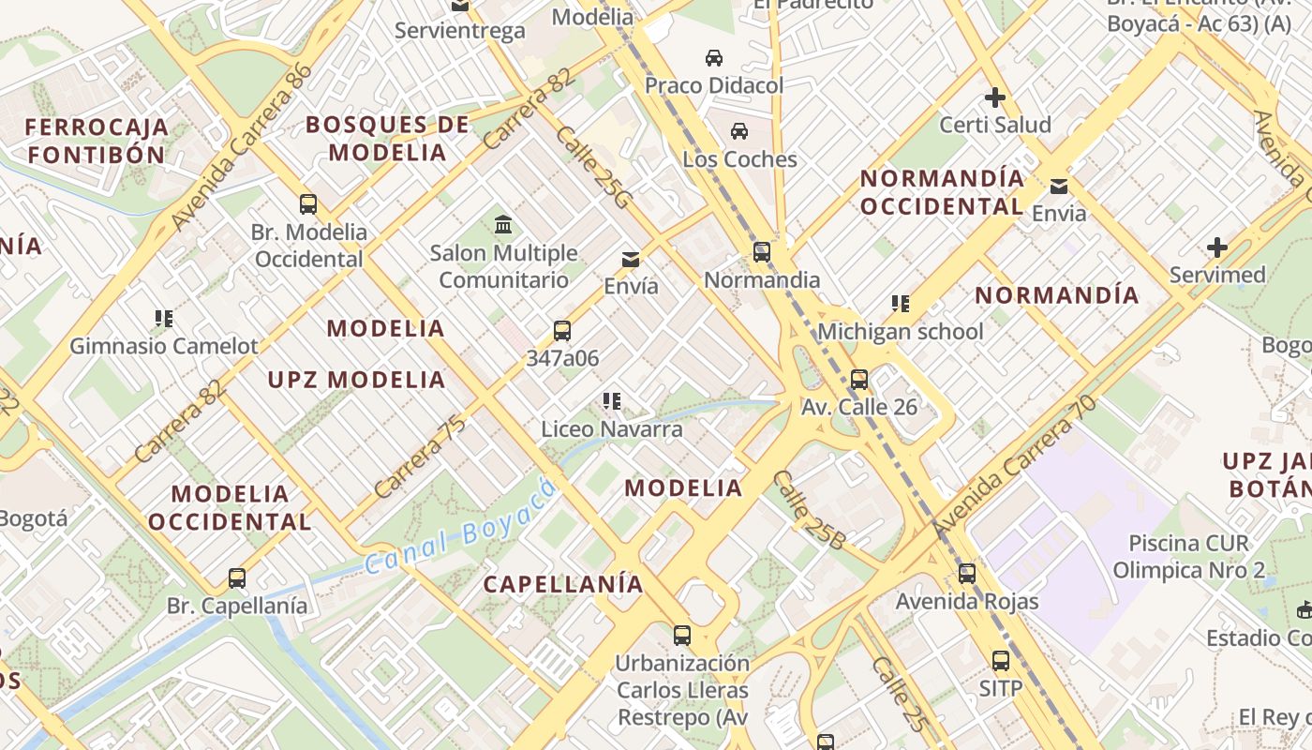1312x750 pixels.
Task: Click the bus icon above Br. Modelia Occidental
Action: tap(308, 203)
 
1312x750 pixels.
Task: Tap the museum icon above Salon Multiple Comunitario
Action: tap(503, 225)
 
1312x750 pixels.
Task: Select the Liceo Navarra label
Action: tap(612, 429)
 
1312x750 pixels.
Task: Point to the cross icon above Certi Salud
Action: tap(995, 97)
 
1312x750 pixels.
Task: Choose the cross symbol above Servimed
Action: tap(1217, 247)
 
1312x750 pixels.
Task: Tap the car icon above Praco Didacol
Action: tap(714, 58)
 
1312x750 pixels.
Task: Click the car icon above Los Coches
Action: tap(739, 131)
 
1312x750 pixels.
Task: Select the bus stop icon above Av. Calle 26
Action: tap(859, 380)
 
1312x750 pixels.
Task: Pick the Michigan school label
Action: tap(901, 332)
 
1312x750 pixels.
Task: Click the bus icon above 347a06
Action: tap(562, 330)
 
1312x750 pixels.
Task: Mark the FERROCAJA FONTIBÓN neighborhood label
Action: tap(97, 141)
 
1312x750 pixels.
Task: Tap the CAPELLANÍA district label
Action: tap(563, 584)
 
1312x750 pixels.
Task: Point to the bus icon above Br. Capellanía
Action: tap(237, 578)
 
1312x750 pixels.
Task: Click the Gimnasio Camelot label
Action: tap(164, 346)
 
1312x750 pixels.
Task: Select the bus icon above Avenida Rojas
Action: tap(967, 573)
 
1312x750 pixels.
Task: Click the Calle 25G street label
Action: tap(594, 166)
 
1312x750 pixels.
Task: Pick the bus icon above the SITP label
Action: tap(1001, 661)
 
